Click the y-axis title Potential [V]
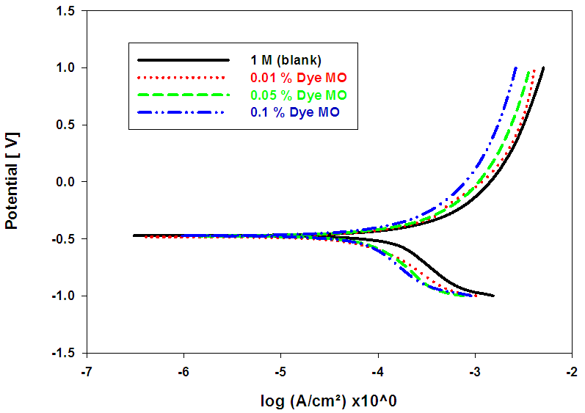[12, 180]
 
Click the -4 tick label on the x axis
[377, 372]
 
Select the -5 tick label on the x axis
[280, 372]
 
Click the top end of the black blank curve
[543, 67]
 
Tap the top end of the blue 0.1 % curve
[516, 67]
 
